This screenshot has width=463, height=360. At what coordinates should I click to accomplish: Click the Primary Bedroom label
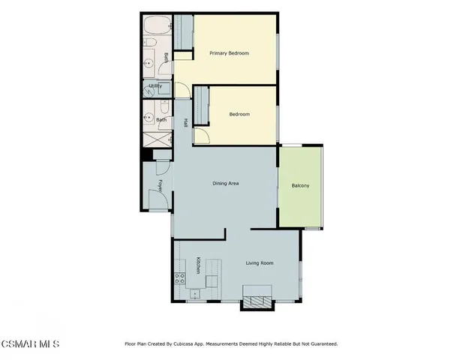point(229,53)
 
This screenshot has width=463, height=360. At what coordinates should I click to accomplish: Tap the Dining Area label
point(226,183)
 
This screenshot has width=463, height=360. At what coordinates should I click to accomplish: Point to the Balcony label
point(300,185)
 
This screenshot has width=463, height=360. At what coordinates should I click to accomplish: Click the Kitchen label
point(198,265)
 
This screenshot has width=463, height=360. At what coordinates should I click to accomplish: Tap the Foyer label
point(160,184)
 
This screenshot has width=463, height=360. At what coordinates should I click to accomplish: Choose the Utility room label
point(156,86)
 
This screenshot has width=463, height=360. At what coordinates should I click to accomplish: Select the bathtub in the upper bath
point(157,28)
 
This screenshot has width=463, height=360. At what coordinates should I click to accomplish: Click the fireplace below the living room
point(253,301)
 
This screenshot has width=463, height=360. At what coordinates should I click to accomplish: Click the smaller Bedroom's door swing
point(200,136)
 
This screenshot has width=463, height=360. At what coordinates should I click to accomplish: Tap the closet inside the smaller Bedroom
point(200,105)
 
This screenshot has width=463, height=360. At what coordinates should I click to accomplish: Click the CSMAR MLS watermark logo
point(29,343)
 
